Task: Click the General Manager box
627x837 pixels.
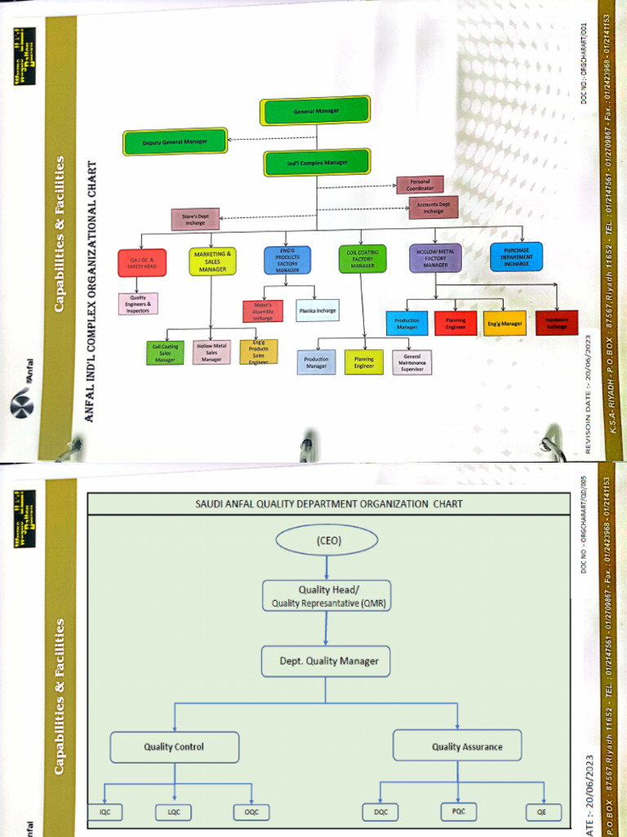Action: click(x=315, y=110)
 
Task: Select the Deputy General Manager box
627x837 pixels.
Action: click(x=175, y=142)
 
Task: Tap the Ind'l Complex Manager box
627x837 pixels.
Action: click(x=318, y=163)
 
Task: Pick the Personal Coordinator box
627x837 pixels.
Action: click(x=420, y=185)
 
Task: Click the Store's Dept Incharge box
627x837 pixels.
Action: click(x=195, y=219)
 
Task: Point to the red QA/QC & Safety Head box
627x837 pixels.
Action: click(x=142, y=262)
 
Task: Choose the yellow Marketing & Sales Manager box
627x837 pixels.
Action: click(x=212, y=262)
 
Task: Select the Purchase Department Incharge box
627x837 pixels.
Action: click(x=516, y=257)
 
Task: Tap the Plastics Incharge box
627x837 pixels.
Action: click(x=318, y=311)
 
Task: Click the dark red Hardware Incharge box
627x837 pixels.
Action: click(x=556, y=323)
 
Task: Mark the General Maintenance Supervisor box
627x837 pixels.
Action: click(x=411, y=362)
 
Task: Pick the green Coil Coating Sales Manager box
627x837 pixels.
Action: click(x=165, y=353)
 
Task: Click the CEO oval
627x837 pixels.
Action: click(x=327, y=540)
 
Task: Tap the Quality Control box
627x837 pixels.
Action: click(x=174, y=746)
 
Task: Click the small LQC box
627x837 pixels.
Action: click(x=174, y=812)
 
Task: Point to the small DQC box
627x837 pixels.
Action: click(x=380, y=812)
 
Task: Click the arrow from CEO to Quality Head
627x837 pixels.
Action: click(x=327, y=568)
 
